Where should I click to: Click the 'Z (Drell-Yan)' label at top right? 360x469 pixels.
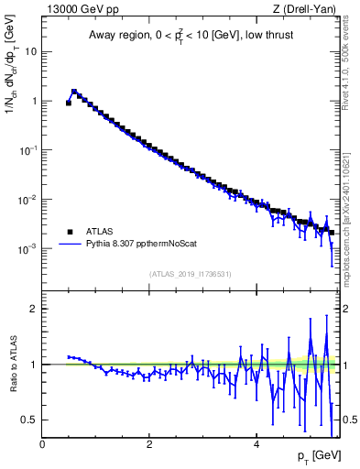310,10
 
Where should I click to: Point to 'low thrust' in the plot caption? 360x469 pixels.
269,36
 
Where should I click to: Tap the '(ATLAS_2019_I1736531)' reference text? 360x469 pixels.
191,273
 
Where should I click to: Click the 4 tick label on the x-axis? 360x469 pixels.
257,445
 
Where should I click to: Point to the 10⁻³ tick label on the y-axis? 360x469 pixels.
28,249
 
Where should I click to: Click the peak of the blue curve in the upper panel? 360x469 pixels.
74,91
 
